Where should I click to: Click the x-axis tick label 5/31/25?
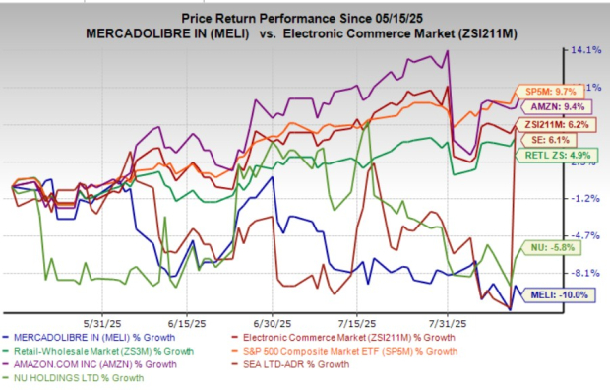point(101,322)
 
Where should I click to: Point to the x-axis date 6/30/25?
point(271,322)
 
